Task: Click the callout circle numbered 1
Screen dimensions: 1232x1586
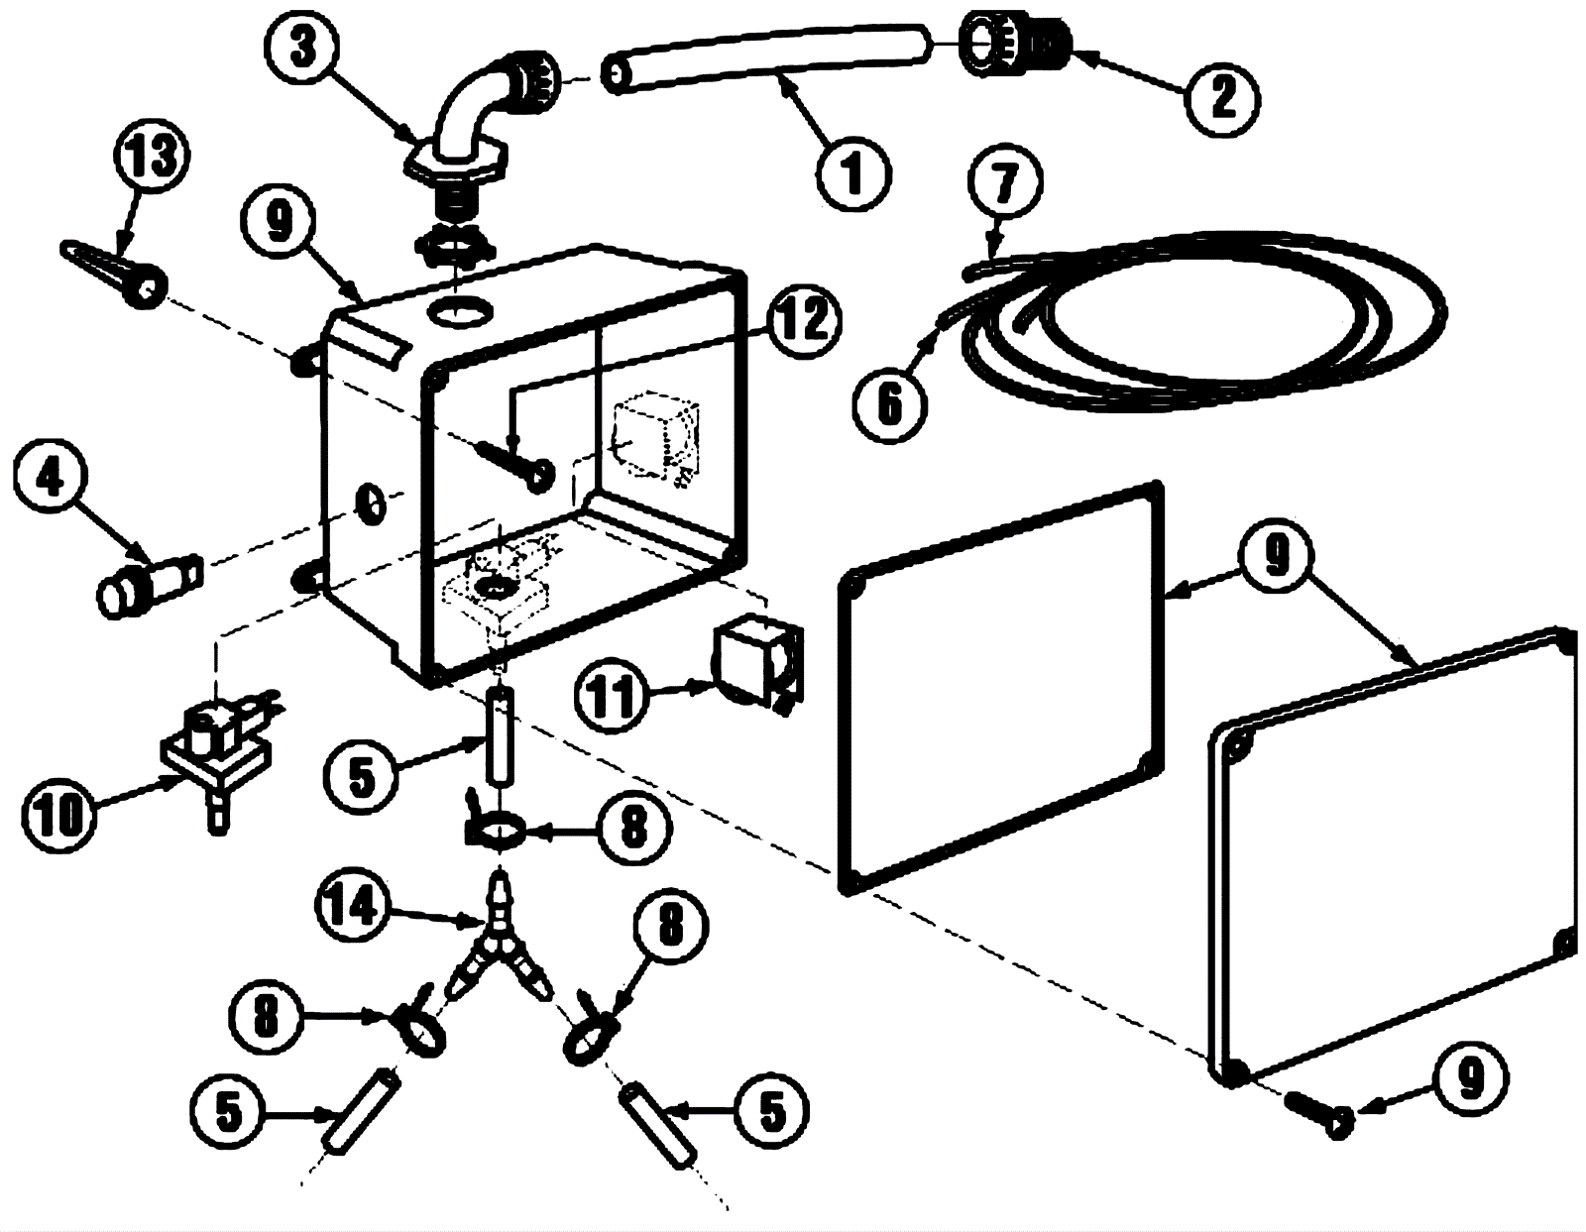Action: click(x=852, y=173)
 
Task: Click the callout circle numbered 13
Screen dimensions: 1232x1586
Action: click(x=152, y=159)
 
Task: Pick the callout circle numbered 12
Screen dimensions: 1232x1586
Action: click(x=803, y=320)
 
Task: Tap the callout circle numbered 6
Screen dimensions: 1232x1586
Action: click(x=890, y=402)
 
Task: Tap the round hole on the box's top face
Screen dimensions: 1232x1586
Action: click(x=460, y=310)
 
